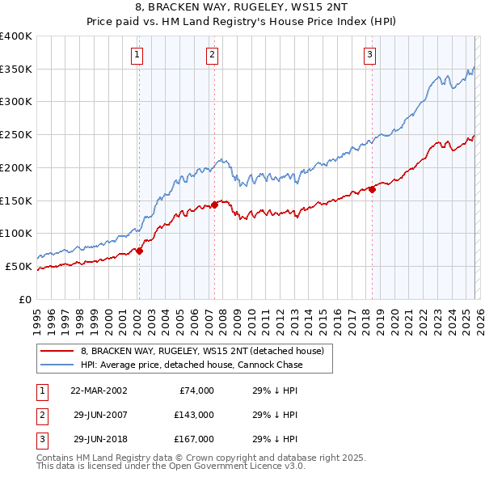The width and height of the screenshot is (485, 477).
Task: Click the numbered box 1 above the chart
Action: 137,55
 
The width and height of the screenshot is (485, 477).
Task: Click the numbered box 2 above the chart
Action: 212,55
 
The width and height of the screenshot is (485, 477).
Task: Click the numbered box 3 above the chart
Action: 369,55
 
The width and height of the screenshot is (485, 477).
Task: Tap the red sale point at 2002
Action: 139,251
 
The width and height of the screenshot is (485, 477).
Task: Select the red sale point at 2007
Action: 215,205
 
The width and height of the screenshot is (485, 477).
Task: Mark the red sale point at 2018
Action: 373,189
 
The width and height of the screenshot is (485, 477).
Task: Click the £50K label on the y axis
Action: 19,266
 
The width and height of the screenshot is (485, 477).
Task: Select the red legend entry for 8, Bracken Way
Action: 202,351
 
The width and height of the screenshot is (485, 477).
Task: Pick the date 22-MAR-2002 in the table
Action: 98,390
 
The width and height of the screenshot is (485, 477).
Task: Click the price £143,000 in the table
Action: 193,415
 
